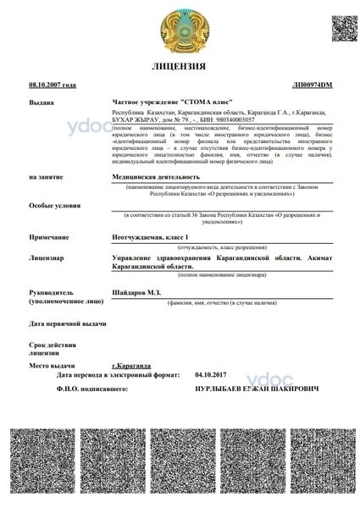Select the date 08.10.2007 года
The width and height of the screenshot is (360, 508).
point(53,86)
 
